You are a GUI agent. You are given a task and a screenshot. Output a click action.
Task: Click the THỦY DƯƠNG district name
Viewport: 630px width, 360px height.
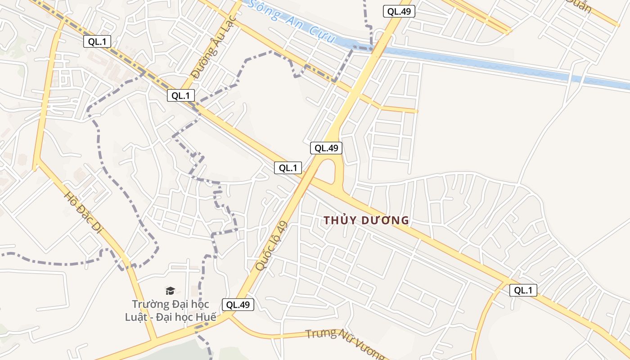point(366,220)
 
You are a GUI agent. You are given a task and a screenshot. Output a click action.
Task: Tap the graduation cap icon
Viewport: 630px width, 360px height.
point(170,291)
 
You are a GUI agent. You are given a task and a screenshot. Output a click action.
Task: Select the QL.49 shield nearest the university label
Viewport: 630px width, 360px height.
point(238,305)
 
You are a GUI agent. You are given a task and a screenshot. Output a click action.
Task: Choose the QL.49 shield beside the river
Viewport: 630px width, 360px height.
point(399,12)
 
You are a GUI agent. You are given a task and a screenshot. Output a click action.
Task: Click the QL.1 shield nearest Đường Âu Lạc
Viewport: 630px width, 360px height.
point(181,95)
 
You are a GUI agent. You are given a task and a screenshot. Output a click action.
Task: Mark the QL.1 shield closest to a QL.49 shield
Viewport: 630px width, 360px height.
point(288,168)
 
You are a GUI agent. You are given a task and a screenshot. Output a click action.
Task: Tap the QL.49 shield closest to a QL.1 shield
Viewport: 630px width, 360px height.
point(326,148)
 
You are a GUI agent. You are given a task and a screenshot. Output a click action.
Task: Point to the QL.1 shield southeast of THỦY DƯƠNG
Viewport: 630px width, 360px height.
point(523,290)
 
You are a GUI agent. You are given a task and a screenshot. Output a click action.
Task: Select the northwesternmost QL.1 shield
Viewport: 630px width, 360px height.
point(97,42)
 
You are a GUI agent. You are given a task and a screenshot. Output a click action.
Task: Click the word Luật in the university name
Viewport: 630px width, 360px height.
point(135,317)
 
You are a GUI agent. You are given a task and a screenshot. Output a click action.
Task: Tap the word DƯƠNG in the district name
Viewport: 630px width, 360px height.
point(387,220)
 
